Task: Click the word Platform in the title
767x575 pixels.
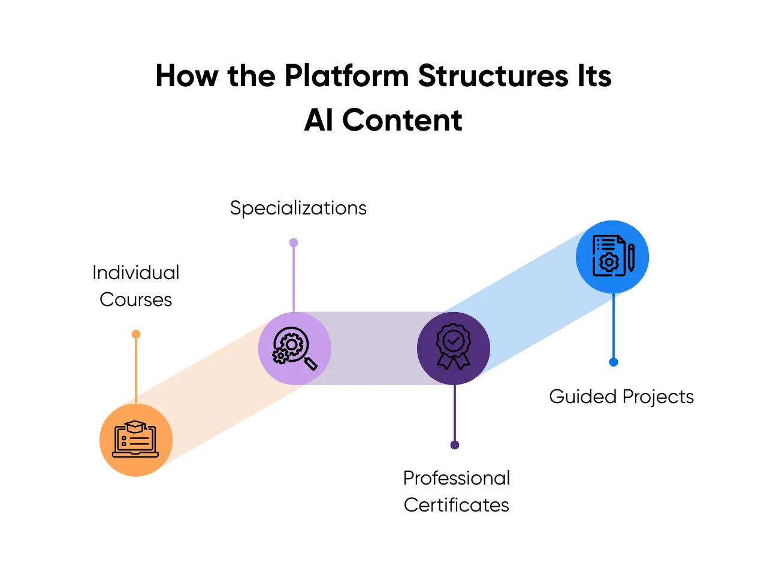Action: coord(346,77)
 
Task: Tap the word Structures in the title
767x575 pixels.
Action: coord(493,77)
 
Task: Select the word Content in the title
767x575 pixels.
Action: coord(402,120)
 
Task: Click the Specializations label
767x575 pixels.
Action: coord(298,208)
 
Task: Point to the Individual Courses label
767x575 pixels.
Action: coord(136,286)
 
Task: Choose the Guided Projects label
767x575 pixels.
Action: coord(621,397)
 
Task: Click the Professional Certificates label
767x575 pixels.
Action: coord(456,491)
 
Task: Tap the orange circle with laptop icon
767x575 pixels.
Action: coord(136,440)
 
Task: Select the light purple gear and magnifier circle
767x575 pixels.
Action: coord(294,348)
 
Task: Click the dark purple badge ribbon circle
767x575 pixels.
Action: coord(454,348)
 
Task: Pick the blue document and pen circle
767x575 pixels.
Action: coord(612,257)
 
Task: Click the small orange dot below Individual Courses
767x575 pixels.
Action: coord(136,334)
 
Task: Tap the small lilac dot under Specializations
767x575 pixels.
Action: coord(294,243)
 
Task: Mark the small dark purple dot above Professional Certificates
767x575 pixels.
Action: coord(455,445)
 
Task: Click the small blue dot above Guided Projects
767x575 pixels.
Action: coord(614,362)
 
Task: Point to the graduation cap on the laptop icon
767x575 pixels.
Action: coord(136,426)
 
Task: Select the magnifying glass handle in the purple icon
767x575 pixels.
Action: coord(310,363)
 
